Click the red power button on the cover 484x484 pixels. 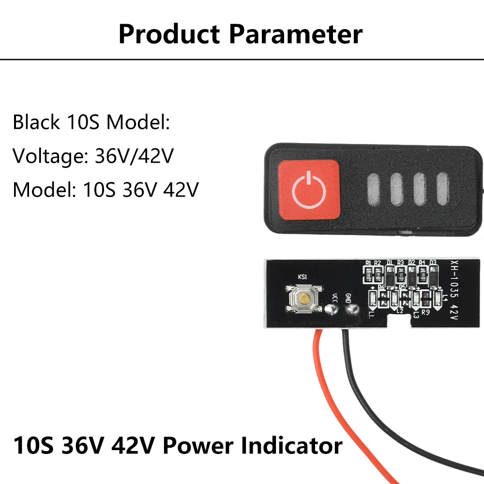click(x=309, y=189)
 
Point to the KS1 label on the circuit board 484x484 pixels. click(x=302, y=277)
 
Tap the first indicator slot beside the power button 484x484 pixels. click(x=374, y=189)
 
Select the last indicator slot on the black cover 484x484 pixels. click(x=443, y=189)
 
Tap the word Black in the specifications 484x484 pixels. click(x=36, y=122)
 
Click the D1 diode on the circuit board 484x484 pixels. click(x=390, y=275)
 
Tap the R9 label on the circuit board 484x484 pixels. click(x=426, y=312)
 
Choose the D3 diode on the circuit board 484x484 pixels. click(x=433, y=275)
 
